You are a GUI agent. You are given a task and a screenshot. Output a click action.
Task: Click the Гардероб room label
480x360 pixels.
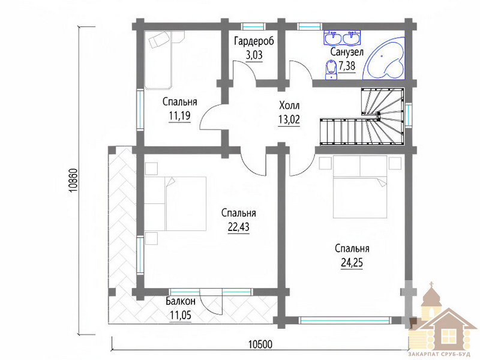point(254,41)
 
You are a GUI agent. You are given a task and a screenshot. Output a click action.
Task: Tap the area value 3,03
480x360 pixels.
point(254,55)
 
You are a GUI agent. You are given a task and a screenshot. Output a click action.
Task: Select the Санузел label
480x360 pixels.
point(347,52)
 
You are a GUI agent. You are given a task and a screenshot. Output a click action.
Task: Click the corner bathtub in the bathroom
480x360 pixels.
point(384,58)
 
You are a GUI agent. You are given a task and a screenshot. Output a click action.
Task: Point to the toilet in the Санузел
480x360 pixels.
point(331,70)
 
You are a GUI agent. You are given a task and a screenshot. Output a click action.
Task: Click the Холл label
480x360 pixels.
point(289,106)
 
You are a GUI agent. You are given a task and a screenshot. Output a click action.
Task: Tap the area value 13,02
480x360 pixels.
point(289,119)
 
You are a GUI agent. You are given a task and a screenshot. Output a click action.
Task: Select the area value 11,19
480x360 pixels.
point(179,116)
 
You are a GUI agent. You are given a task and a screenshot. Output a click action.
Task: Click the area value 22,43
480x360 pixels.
point(238,227)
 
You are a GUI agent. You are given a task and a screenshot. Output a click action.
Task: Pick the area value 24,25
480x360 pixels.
point(352,262)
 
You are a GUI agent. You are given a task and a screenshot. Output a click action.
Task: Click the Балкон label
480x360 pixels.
point(181,301)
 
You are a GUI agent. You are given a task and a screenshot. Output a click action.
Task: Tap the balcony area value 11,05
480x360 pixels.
point(181,315)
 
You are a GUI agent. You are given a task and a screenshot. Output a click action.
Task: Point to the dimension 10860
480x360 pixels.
point(74,181)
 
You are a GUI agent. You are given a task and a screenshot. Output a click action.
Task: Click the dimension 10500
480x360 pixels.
point(260,344)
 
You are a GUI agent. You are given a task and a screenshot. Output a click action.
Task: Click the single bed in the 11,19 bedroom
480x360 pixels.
point(158,60)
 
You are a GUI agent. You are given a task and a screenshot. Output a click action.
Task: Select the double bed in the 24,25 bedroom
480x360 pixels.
point(360,187)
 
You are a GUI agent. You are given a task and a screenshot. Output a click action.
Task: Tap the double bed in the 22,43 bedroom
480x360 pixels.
point(175,203)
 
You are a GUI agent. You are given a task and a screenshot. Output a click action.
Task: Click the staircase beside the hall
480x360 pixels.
point(362,116)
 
